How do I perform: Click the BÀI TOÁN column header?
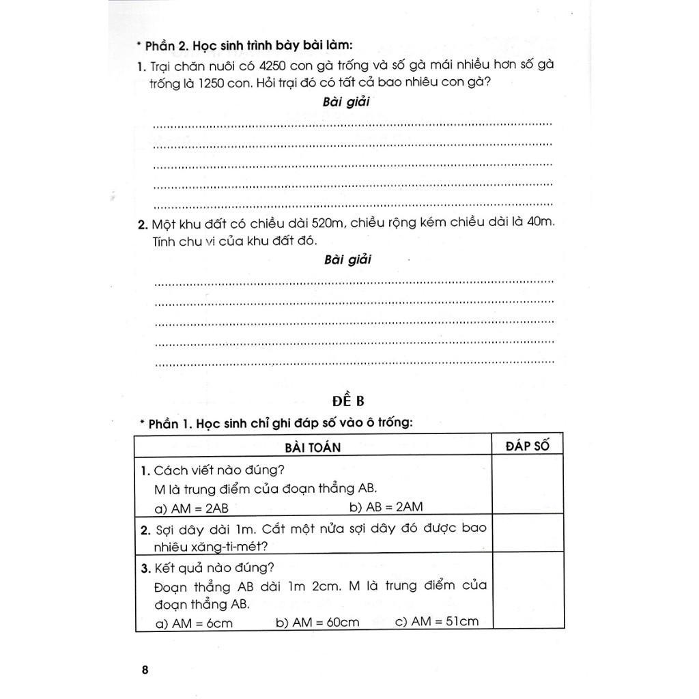(x=313, y=447)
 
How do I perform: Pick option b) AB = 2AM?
(x=386, y=507)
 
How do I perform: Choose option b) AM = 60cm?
(x=317, y=623)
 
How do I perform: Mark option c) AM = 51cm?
(x=437, y=621)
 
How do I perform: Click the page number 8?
(x=145, y=670)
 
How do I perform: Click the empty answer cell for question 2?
(x=528, y=533)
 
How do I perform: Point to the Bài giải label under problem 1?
(x=346, y=102)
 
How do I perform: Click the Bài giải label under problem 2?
(x=347, y=259)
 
